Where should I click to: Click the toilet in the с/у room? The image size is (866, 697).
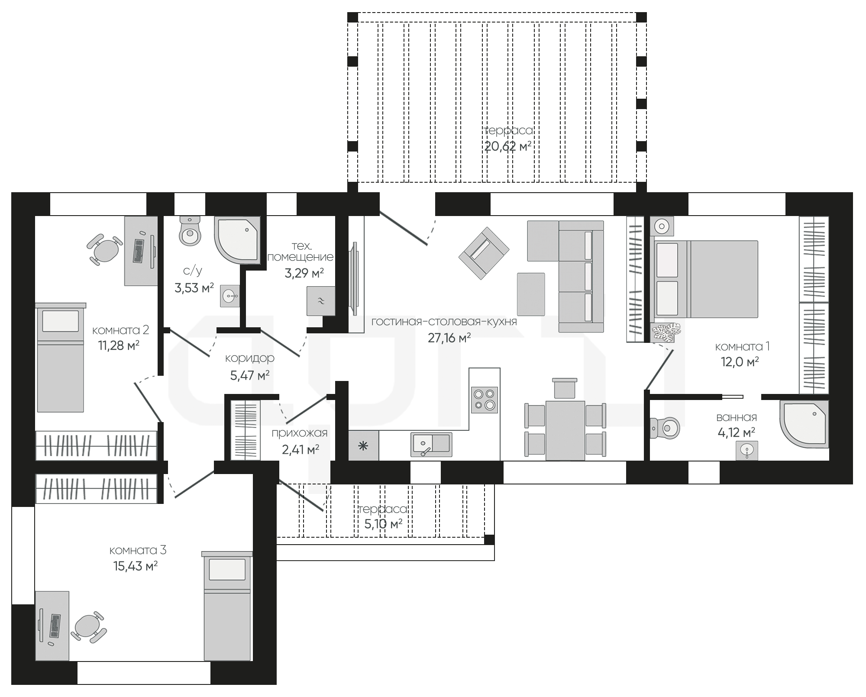coord(190,231)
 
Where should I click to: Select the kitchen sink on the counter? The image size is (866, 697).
coord(431,444)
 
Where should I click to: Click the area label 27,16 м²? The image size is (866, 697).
coord(449,338)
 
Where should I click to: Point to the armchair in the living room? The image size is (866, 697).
coord(484,253)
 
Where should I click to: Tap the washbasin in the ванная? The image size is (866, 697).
coord(747,451)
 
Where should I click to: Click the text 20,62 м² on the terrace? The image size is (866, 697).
coord(507,146)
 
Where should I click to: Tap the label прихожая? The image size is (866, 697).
coord(300,432)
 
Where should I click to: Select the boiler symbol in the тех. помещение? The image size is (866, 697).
coord(321,301)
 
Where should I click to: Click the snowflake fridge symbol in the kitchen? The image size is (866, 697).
coord(363,445)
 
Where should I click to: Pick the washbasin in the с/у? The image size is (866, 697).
coord(230,296)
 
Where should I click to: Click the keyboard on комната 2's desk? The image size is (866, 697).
coord(138,251)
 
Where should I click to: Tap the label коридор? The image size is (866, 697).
coord(250,358)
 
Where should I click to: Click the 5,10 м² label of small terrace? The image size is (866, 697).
coord(383,524)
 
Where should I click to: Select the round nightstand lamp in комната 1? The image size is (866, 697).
coord(662,226)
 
